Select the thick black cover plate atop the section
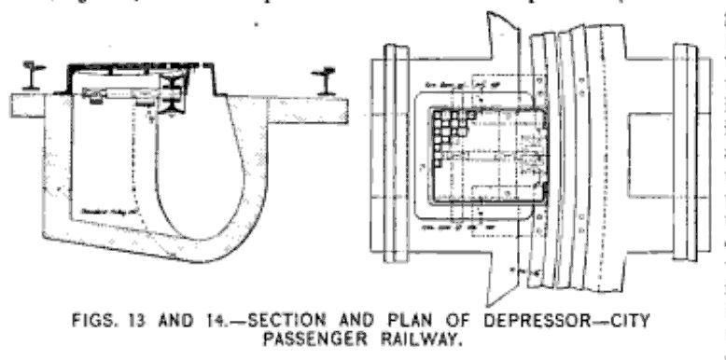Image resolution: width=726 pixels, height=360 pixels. coord(140,69)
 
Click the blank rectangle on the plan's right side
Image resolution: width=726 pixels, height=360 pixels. coord(643,153)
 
